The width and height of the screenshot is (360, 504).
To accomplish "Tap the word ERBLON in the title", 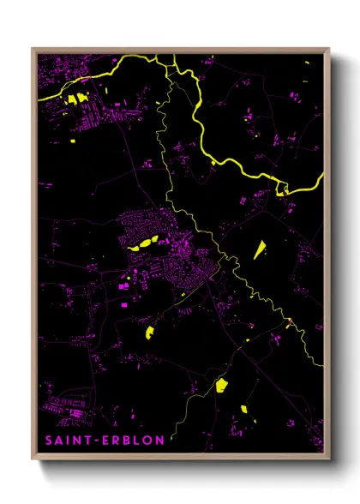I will click(124, 441).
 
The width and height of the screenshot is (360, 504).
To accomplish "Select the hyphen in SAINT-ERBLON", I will click(93, 441).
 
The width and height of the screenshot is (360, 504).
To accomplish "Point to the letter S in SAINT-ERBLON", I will click(49, 441).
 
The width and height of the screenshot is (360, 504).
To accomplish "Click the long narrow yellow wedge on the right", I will click(259, 249).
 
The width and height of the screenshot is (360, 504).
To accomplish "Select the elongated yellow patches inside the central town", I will click(145, 243).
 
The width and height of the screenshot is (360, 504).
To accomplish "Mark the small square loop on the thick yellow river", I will click(281, 188).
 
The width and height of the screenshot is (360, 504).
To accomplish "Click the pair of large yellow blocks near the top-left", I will click(78, 99).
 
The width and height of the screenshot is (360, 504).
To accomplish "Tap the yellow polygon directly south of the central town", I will click(148, 330).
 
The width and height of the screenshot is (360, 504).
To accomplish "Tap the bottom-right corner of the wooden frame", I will click(328, 460).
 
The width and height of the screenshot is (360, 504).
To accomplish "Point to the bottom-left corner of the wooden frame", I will click(33, 460).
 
